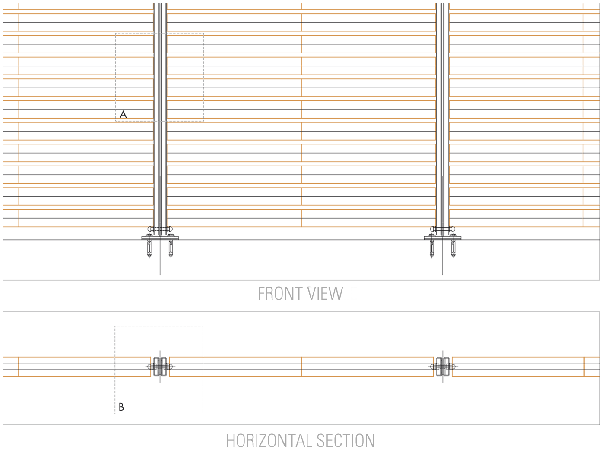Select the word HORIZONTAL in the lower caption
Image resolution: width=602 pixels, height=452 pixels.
point(269,440)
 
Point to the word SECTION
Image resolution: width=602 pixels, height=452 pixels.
point(345,440)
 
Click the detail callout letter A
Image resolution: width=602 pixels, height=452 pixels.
point(123,114)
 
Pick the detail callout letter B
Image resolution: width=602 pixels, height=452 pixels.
point(121,407)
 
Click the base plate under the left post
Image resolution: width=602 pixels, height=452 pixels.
point(160,238)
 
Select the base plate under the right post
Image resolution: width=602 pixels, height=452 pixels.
point(442,238)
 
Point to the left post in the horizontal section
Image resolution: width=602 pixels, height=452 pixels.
point(160,367)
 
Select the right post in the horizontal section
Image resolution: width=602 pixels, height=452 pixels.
point(443,367)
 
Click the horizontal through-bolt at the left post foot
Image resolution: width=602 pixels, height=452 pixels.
point(160,229)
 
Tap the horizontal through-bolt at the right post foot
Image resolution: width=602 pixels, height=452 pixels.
point(442,229)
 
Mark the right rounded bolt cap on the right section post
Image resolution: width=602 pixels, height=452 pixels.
point(453,367)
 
